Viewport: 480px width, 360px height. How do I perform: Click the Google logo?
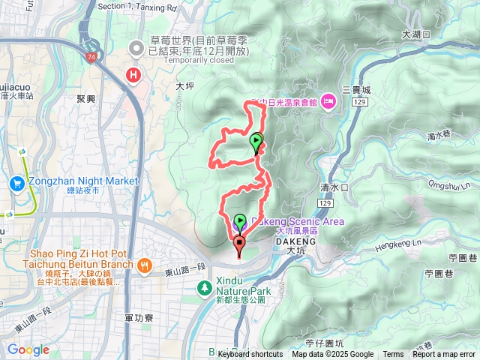coord(28,349)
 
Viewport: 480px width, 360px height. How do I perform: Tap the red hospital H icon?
coord(134,75)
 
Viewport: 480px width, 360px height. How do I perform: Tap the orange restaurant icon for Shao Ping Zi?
coord(144,265)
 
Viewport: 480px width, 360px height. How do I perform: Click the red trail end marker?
coord(239,242)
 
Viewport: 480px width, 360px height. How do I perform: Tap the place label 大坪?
coord(184,87)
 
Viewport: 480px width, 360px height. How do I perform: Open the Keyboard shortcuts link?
coord(250,355)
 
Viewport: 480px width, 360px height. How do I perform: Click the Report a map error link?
coord(443,355)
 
